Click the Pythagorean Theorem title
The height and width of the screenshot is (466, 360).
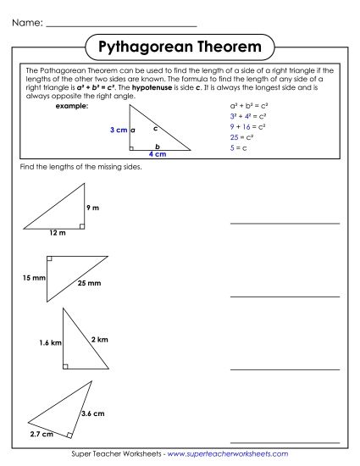point(180,45)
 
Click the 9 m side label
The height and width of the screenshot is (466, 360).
point(93,208)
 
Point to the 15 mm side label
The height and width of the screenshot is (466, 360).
point(34,278)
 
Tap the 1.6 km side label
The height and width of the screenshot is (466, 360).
point(51,343)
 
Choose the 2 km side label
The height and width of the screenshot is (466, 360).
point(100,340)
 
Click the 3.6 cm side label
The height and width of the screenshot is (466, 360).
point(92,413)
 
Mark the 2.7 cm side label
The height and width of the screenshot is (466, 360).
point(41,434)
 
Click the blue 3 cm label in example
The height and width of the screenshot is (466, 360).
point(119,130)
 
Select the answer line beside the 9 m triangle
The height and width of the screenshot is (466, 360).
point(284,224)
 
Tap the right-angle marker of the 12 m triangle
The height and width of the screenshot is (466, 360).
point(80,226)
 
